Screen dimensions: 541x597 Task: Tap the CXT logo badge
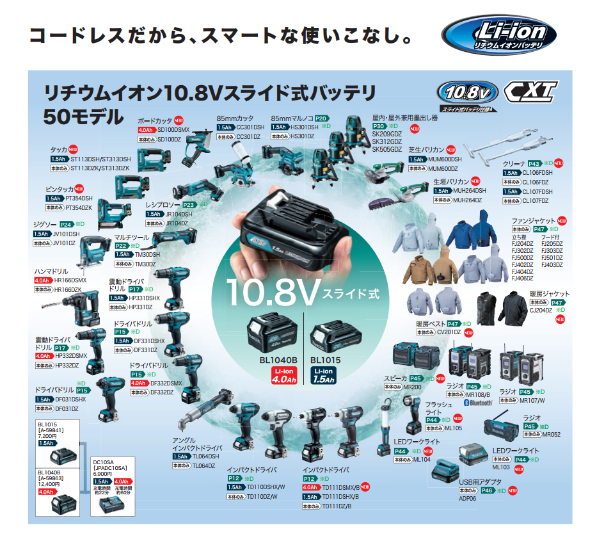(530, 92)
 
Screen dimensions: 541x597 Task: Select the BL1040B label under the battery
(279, 360)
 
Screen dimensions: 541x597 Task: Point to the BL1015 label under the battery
(323, 360)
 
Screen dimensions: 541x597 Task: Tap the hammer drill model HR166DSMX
(70, 280)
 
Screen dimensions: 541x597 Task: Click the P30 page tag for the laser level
(380, 127)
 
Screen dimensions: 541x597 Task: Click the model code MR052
(552, 434)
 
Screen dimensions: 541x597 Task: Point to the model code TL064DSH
(205, 456)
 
